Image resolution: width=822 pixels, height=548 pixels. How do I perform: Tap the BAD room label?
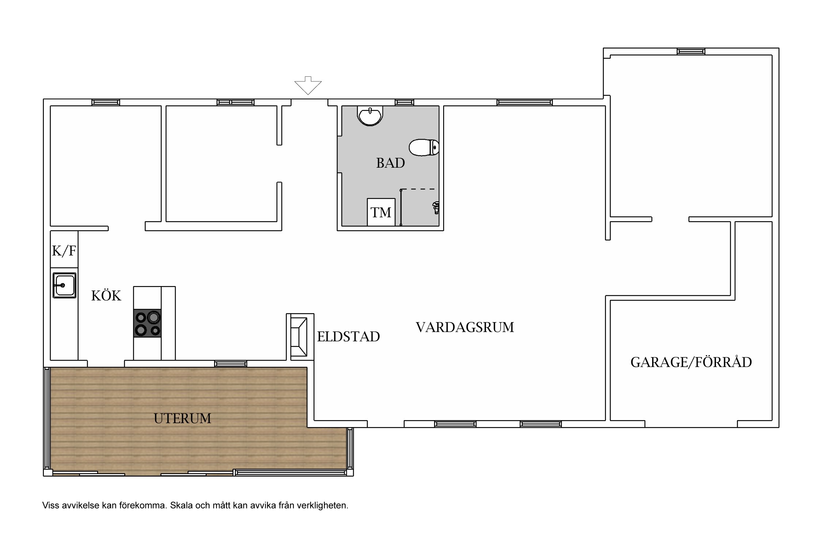(x=391, y=163)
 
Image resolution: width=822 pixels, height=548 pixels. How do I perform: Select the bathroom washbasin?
(x=370, y=116)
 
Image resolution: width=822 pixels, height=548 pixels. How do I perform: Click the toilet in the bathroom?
(x=424, y=148)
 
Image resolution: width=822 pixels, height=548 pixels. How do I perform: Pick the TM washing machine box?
(x=381, y=212)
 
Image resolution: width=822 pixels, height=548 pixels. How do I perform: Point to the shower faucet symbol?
(x=435, y=208)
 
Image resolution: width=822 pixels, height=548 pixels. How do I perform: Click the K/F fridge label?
(x=64, y=251)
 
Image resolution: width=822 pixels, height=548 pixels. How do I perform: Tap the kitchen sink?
(x=64, y=285)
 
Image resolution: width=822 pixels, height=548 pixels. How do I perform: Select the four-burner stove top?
(x=147, y=323)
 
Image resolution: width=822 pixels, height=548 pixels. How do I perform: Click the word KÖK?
(x=106, y=296)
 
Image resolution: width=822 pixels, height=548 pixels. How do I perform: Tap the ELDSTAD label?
(x=348, y=337)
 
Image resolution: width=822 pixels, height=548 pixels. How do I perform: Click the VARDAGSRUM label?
(x=465, y=327)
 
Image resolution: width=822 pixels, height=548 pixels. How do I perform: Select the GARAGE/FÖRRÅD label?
(x=691, y=362)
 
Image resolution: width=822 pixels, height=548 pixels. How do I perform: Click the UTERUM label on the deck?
(x=182, y=418)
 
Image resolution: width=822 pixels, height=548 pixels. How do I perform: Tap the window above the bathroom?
(x=404, y=103)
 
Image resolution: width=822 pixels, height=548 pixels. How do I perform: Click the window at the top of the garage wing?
(x=691, y=52)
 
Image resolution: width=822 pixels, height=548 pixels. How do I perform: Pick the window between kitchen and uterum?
(x=231, y=364)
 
